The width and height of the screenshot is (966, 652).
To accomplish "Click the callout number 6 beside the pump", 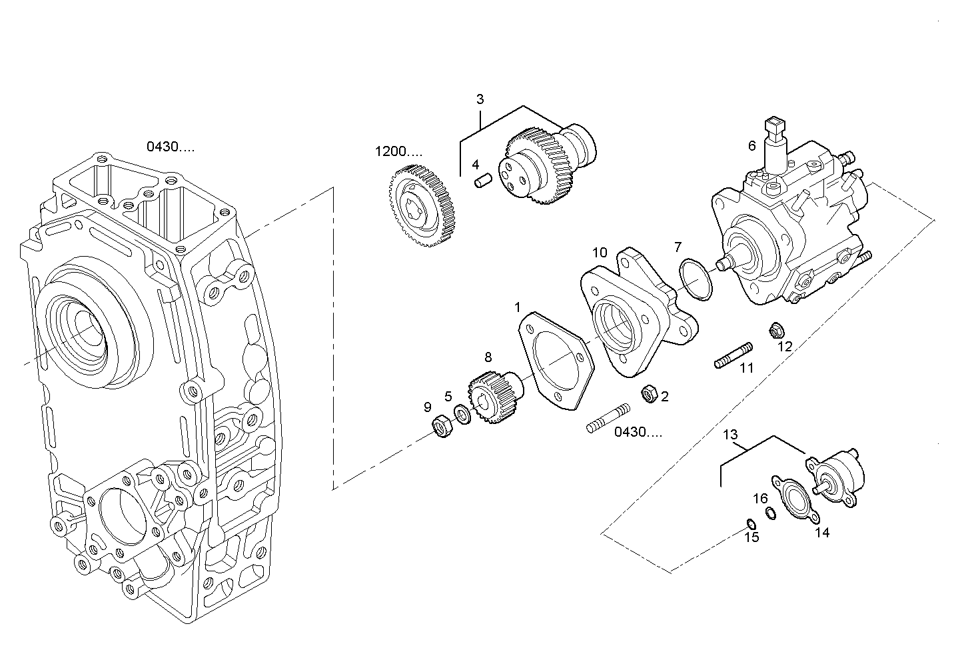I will point(752,145).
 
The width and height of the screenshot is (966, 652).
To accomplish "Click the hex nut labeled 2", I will point(647,394).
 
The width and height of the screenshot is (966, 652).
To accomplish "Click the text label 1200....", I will point(398,152).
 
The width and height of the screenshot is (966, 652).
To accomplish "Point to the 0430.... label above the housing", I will point(171,147).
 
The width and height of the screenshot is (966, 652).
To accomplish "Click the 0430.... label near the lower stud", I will point(638,432).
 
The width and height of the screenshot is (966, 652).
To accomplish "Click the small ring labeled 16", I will point(770,513).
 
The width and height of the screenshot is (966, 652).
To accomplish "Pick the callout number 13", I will point(730,435).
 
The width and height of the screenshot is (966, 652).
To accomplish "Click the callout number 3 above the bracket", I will point(480,100).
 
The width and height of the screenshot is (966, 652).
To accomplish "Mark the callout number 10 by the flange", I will point(600,253).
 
